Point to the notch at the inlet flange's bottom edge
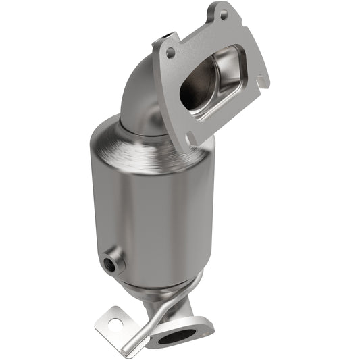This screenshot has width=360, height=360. [x=191, y=138]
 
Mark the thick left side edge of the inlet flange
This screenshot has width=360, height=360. [x=162, y=88]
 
